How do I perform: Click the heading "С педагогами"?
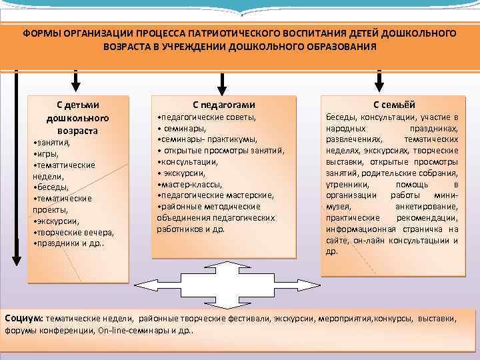tap(223, 104)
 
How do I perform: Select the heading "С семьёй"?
tap(393, 104)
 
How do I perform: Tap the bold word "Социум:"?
tap(24, 319)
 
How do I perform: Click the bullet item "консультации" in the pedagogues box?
tap(188, 161)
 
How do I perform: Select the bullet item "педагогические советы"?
tap(207, 117)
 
